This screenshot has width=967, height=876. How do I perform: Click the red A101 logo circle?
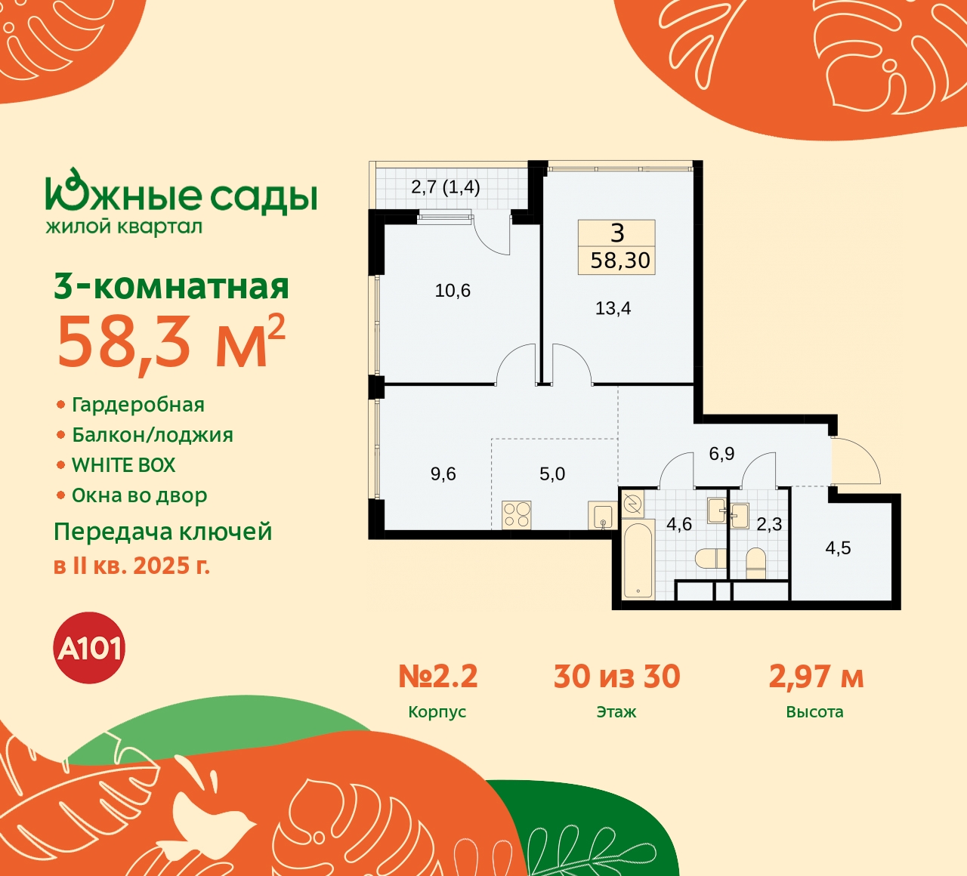(x=90, y=648)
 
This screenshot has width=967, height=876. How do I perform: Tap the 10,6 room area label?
(x=453, y=291)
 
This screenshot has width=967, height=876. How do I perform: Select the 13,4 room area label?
(x=613, y=308)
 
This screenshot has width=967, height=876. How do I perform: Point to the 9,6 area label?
(x=443, y=474)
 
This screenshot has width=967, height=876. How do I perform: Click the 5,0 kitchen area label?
(x=552, y=474)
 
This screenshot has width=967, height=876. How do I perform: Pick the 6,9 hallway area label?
(x=721, y=454)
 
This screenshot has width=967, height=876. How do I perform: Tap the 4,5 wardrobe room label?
(x=838, y=548)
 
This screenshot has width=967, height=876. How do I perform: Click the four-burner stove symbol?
(x=517, y=515)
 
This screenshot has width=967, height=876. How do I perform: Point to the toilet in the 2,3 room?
(x=755, y=563)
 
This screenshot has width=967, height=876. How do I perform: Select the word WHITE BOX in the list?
(x=123, y=465)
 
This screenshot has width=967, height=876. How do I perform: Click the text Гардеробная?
(x=137, y=405)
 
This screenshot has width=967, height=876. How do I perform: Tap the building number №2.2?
(x=438, y=677)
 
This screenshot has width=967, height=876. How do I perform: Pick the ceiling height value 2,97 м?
(x=816, y=677)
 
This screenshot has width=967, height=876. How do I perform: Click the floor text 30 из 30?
(x=616, y=677)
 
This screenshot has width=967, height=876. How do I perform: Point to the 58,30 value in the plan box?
(x=620, y=261)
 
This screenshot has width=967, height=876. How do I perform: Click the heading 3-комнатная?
(x=171, y=287)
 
